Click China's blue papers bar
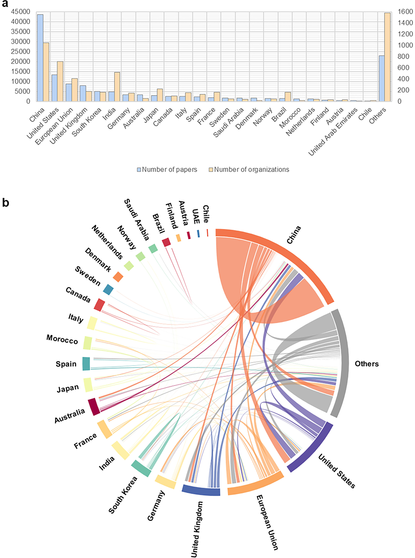(40, 58)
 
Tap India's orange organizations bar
(117, 87)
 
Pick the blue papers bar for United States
(54, 88)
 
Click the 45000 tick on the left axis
(21, 12)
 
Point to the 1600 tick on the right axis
(405, 12)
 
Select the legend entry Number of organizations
(251, 170)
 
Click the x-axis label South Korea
(87, 122)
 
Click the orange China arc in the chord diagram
(289, 254)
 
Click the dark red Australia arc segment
(94, 407)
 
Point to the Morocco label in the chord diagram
(62, 339)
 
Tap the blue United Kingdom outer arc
(201, 490)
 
